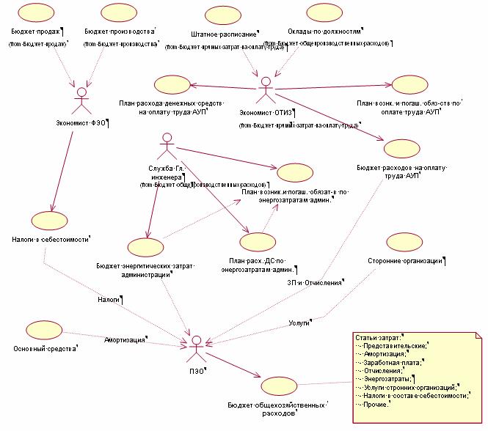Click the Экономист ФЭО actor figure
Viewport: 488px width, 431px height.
pos(83,97)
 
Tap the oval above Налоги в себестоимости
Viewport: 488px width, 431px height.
pos(51,220)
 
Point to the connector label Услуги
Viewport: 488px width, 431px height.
pos(299,322)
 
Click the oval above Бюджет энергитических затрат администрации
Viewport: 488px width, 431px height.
pos(148,248)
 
